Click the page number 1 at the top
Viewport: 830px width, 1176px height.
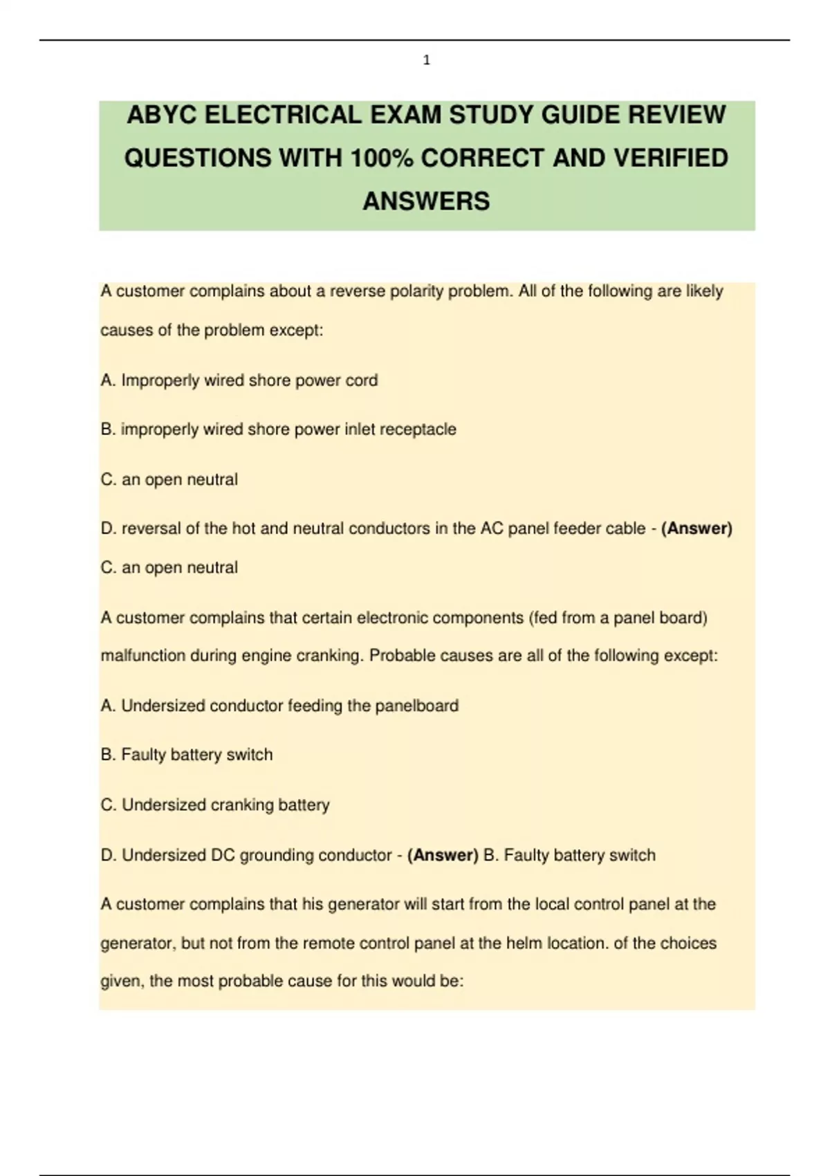coord(426,61)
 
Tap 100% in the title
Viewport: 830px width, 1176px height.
coord(380,158)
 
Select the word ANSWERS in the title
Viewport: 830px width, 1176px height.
coord(426,201)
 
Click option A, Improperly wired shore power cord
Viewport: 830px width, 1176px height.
coord(239,380)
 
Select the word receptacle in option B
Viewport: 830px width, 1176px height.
coord(418,430)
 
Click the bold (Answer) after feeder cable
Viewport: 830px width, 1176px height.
coord(697,529)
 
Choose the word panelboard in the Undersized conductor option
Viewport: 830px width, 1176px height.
coord(416,706)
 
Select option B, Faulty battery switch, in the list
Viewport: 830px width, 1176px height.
coord(187,755)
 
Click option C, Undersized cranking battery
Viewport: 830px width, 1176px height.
coord(215,805)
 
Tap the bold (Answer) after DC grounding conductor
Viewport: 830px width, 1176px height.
coord(443,856)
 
